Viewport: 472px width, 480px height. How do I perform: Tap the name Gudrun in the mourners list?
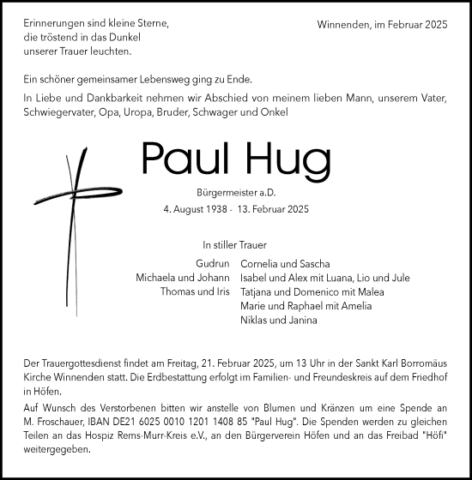(212, 264)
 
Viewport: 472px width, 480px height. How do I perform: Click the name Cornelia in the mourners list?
(264, 264)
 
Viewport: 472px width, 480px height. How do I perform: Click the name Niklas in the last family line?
(257, 321)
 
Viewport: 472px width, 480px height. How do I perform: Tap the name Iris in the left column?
(220, 292)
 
